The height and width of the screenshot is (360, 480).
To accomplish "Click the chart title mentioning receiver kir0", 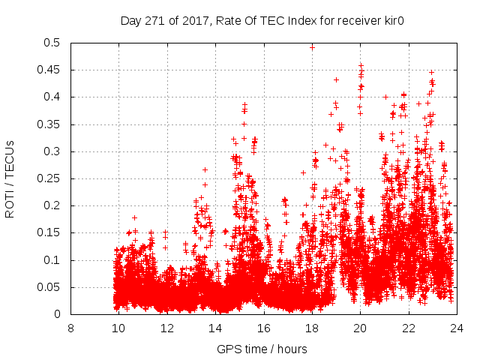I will pos(262,21).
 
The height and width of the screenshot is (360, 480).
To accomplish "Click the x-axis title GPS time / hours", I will pos(262,349).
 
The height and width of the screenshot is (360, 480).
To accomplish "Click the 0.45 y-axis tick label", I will pos(51,70).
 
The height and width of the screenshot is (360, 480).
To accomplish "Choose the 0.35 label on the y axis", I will pos(51,124).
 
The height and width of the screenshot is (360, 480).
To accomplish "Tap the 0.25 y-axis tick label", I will pos(51,178).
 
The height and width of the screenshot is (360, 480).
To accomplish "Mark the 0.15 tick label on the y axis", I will pos(51,233).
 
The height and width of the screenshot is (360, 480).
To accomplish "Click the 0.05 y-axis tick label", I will pos(51,287).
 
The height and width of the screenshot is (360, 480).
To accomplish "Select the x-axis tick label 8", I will pos(70,328).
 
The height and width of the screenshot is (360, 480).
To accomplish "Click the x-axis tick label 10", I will pos(118,328).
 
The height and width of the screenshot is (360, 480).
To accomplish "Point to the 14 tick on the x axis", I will pos(215,328).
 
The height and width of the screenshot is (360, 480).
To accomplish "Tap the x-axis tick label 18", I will pos(312,328).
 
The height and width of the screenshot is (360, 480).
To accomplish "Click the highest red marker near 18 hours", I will pos(312,47).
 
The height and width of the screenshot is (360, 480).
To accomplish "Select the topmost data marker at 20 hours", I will pos(361,65).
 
